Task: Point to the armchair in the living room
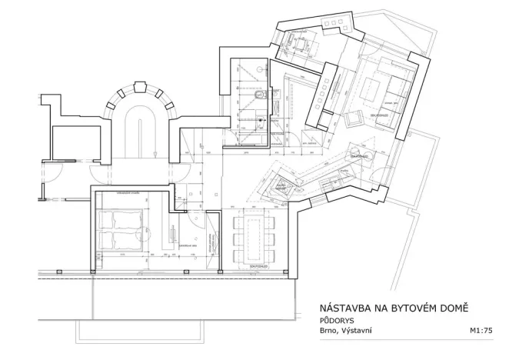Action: click(x=354, y=119)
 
